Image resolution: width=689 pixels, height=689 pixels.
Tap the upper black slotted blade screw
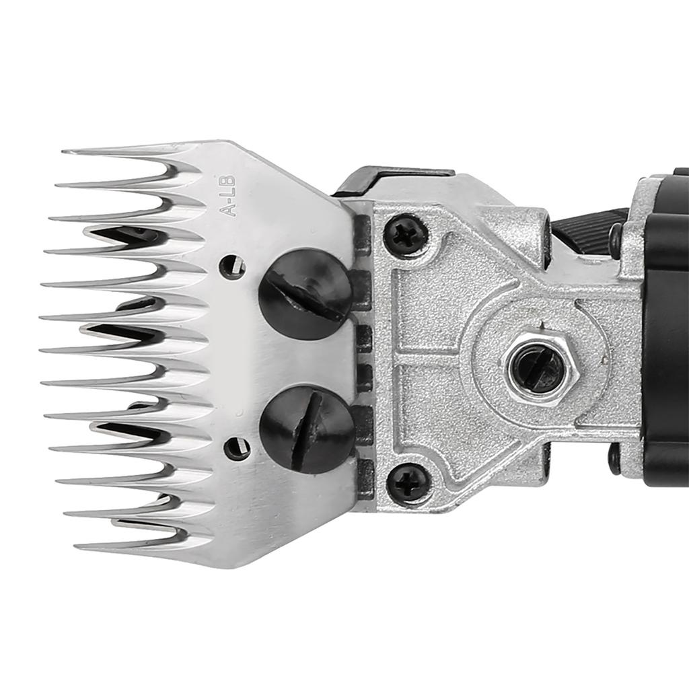point(305,295)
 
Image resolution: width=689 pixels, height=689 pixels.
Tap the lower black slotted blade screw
point(307,429)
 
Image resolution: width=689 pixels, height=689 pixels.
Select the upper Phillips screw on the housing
point(406,235)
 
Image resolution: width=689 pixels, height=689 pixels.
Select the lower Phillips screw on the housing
point(408,484)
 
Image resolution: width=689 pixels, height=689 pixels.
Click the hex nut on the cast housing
point(540,367)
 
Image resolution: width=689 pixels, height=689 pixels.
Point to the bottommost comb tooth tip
point(75,547)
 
